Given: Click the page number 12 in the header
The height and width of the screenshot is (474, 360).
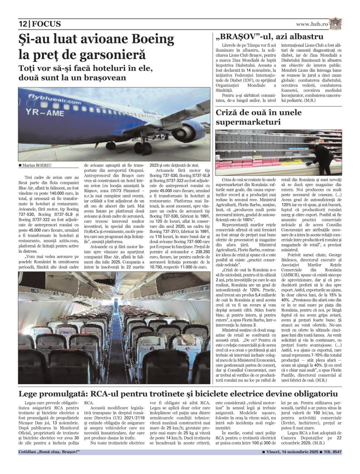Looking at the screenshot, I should point(23,24).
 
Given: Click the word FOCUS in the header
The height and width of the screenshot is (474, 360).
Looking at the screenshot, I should point(46,24).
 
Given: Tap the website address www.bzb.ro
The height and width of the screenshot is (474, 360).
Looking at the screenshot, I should point(312,24).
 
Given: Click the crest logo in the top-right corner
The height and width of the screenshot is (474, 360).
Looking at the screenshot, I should point(336,23).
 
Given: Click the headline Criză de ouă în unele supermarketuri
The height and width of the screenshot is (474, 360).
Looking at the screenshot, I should point(259,117).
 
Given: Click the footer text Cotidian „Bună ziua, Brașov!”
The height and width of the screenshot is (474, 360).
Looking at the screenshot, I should point(49,452).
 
